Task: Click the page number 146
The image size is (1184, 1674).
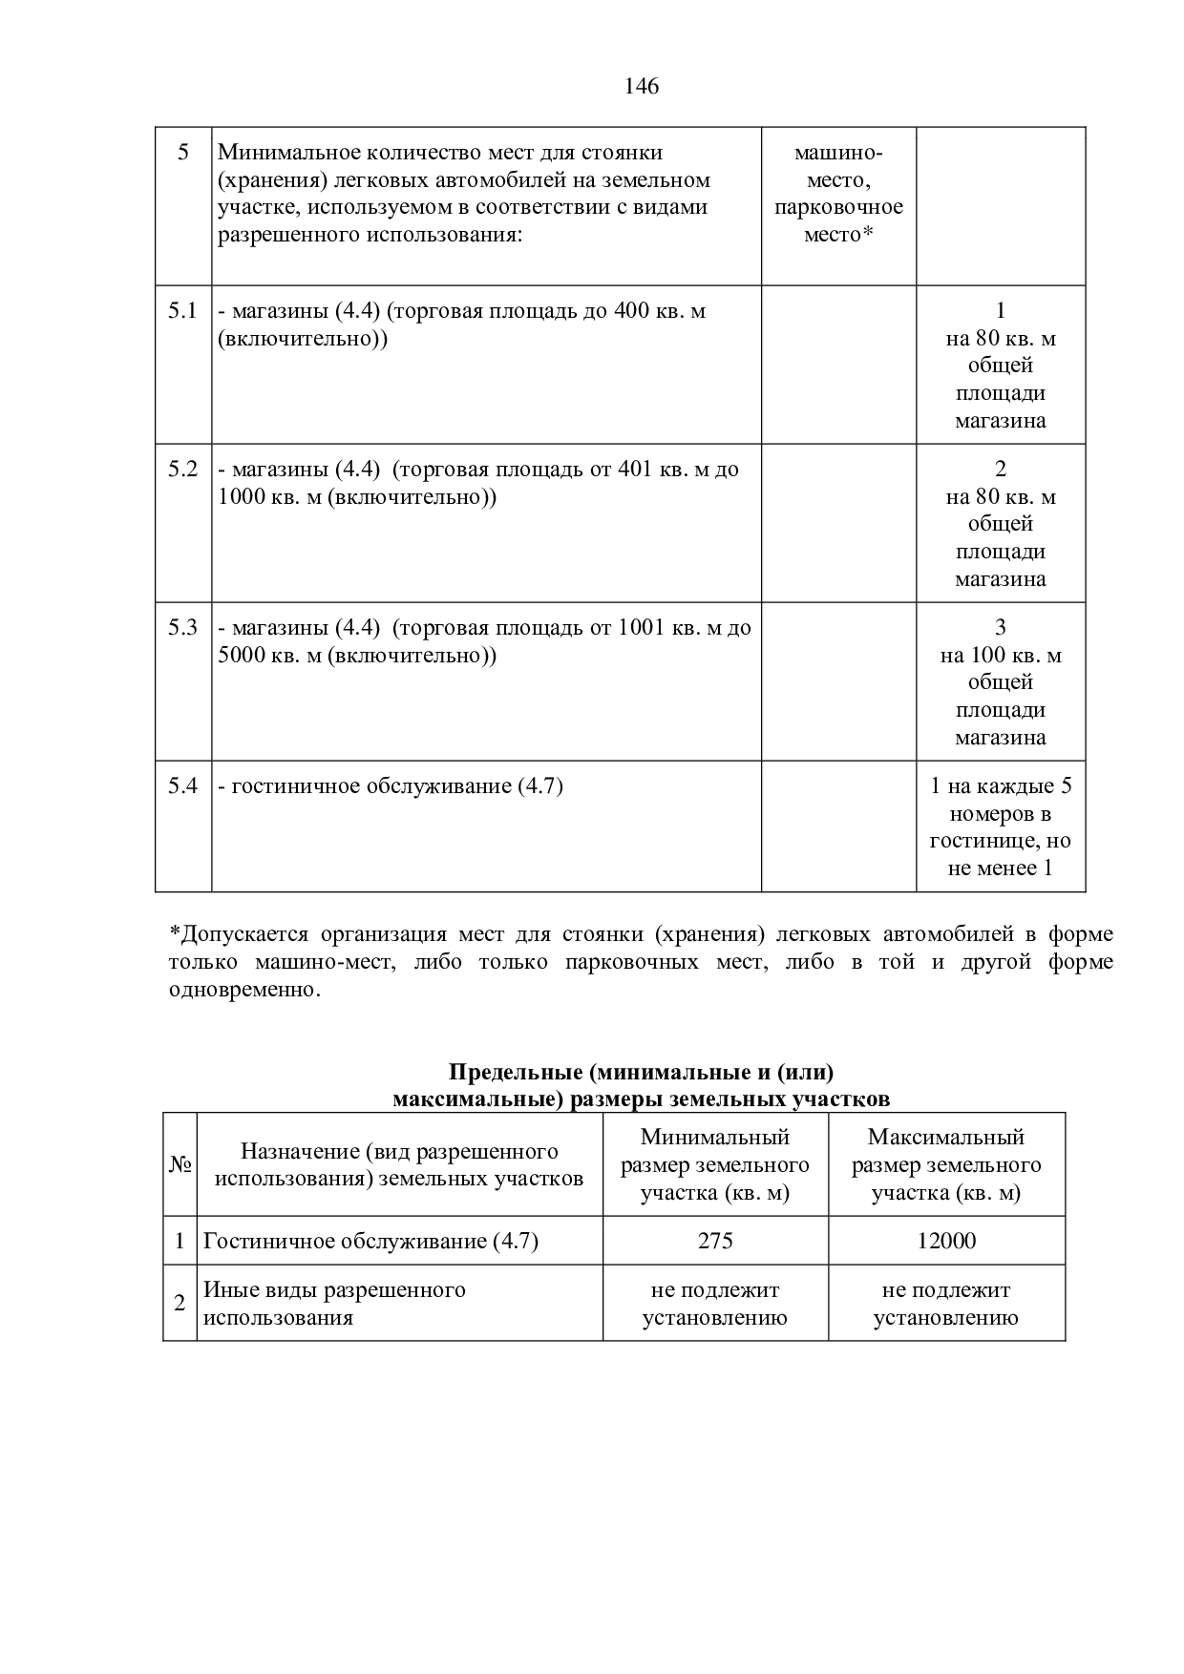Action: (x=642, y=87)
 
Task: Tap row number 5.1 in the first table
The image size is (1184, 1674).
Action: (x=182, y=311)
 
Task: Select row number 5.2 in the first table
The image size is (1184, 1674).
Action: (x=182, y=470)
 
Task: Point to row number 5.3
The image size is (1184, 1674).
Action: (x=182, y=628)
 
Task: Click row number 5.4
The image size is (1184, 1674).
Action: (x=182, y=786)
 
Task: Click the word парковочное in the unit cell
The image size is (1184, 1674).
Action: (x=838, y=207)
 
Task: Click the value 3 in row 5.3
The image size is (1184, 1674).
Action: (x=1001, y=628)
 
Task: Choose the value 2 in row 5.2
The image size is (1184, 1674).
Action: (x=1001, y=470)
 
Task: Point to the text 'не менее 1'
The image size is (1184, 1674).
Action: (x=1000, y=868)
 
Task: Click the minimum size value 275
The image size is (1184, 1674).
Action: (x=715, y=1241)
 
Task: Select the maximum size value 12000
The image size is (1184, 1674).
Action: (x=946, y=1241)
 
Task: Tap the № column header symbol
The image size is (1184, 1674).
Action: (x=180, y=1165)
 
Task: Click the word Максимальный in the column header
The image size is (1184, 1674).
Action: (x=946, y=1138)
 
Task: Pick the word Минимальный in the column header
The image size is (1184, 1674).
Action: (x=715, y=1138)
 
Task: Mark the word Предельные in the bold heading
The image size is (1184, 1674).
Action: (x=516, y=1073)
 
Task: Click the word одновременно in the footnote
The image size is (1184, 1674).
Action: (x=243, y=990)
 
